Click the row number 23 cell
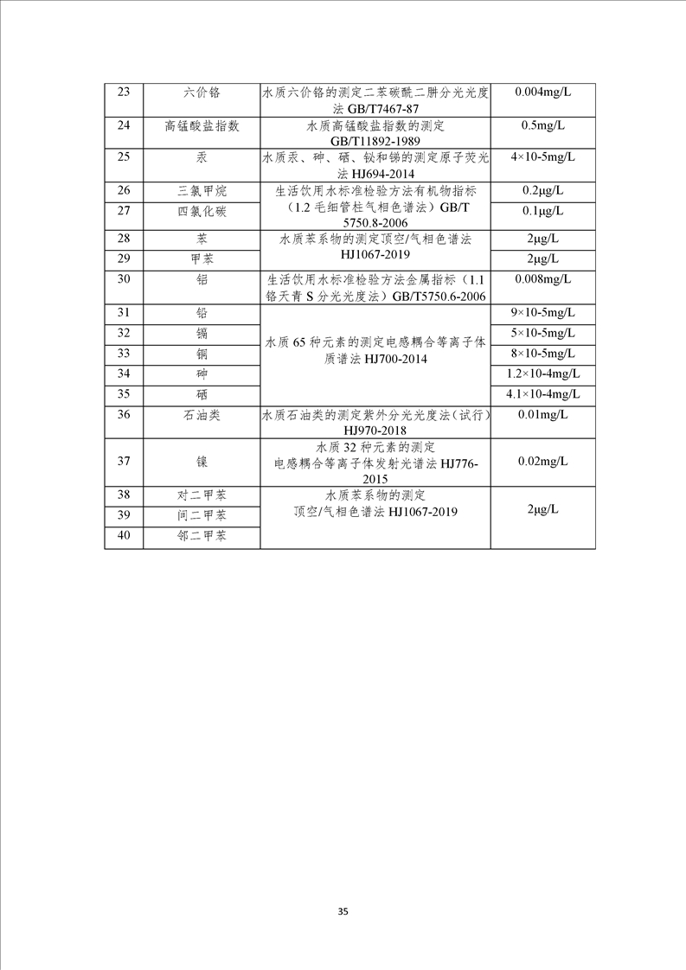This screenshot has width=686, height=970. click(x=123, y=92)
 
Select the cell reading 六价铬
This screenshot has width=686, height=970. click(x=202, y=92)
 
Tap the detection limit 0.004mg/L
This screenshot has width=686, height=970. click(x=542, y=92)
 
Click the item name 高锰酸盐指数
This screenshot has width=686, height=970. click(x=202, y=125)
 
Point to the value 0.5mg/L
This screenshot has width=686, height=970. click(x=542, y=125)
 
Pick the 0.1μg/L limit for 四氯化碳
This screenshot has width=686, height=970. click(x=542, y=210)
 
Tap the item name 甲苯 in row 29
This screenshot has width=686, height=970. click(x=202, y=258)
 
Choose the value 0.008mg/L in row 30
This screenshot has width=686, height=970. click(x=542, y=279)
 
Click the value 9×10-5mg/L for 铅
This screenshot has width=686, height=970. click(x=542, y=312)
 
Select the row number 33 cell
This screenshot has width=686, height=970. click(x=123, y=354)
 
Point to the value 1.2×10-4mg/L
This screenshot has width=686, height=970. click(x=542, y=373)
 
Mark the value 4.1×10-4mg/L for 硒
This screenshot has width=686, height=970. click(x=542, y=394)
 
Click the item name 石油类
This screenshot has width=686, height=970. click(x=202, y=415)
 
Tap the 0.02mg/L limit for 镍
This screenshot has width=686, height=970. click(x=542, y=462)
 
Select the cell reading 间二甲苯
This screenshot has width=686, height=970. click(x=202, y=515)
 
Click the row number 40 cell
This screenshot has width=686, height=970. click(x=123, y=536)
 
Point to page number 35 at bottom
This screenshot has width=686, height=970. click(x=343, y=912)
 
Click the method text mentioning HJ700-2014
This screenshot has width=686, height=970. click(x=375, y=353)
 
